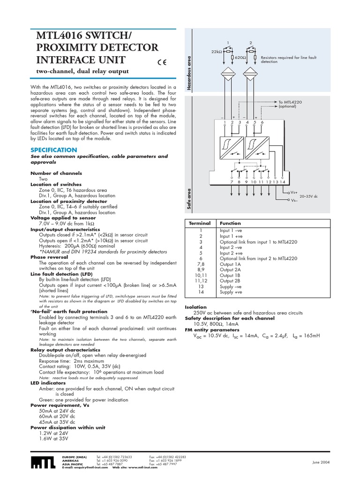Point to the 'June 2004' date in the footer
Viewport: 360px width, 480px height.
pyautogui.click(x=321, y=463)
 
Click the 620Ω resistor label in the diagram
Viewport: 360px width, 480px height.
pyautogui.click(x=241, y=57)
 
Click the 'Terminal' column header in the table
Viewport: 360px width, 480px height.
pyautogui.click(x=200, y=224)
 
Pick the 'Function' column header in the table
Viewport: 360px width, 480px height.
pyautogui.click(x=230, y=224)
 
